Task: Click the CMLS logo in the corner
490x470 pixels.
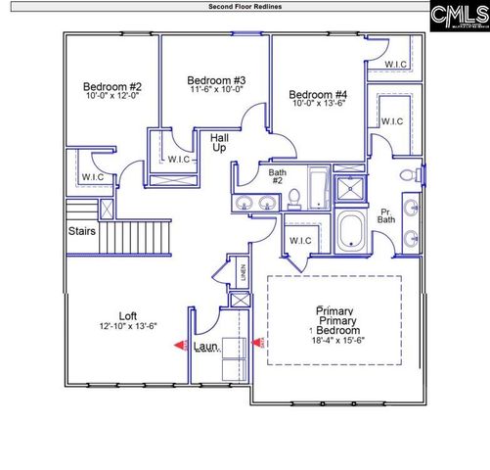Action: [458, 16]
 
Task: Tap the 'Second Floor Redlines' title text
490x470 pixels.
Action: [245, 6]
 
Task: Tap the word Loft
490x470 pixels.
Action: [128, 315]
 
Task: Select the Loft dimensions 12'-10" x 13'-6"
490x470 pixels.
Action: [128, 326]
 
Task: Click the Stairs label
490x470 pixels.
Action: [81, 232]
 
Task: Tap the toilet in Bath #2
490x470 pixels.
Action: [291, 199]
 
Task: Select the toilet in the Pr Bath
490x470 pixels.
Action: [421, 176]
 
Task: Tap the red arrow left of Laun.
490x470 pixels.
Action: [180, 345]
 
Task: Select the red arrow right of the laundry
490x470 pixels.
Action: [259, 343]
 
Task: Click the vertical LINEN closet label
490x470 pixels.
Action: [243, 273]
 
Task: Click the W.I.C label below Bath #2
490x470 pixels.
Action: [300, 240]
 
